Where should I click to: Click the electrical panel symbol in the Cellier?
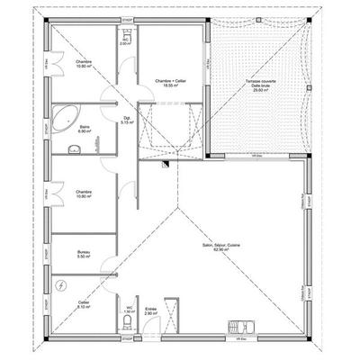click(x=60, y=285)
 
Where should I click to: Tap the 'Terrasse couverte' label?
click(x=259, y=80)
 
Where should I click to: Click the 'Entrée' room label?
click(x=150, y=309)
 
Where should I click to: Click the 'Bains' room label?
click(x=84, y=127)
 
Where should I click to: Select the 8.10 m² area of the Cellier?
click(x=84, y=308)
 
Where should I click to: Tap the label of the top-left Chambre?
click(x=84, y=61)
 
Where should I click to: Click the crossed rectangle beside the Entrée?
click(x=174, y=321)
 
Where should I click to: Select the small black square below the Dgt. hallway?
click(x=166, y=164)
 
